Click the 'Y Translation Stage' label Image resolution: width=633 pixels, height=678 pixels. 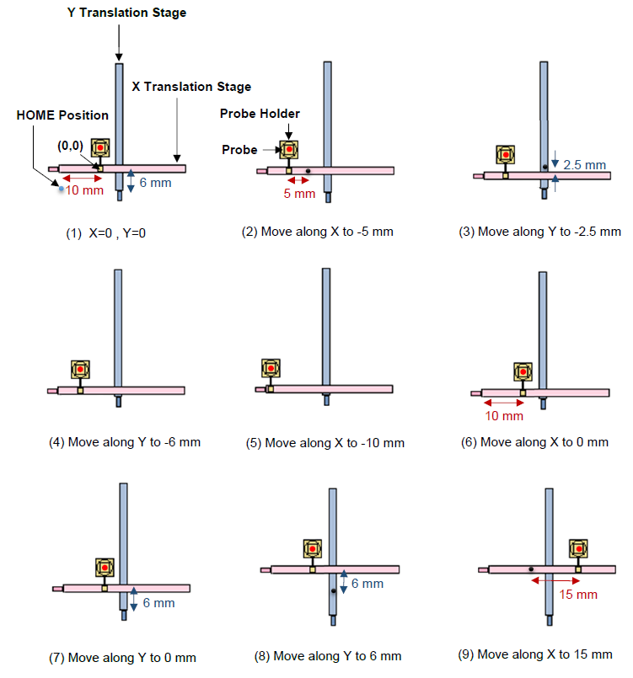126,13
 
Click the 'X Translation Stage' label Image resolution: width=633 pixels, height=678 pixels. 191,87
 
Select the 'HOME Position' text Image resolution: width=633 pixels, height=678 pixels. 62,115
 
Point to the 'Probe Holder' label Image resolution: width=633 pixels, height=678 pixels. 260,114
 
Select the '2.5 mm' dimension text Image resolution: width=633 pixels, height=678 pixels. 585,165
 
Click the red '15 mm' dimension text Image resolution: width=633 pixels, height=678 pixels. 577,595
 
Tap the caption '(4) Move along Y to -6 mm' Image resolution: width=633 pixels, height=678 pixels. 125,441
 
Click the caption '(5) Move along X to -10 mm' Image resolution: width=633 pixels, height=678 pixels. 335,442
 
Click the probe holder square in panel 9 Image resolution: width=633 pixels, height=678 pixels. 578,548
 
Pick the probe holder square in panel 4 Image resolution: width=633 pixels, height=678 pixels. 79,370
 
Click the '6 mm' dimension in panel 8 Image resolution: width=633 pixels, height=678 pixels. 367,584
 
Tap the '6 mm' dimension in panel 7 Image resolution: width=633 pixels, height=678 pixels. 158,603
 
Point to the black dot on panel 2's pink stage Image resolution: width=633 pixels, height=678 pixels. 309,171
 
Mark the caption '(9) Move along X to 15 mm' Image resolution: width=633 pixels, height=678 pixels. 544,654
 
